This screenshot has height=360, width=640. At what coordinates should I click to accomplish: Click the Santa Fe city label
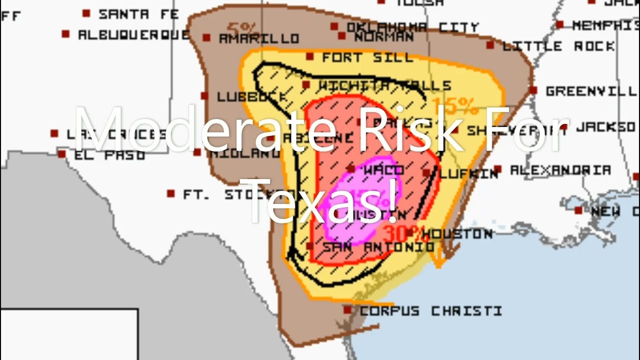[x=138, y=14]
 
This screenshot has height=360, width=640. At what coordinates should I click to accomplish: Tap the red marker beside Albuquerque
[x=65, y=34]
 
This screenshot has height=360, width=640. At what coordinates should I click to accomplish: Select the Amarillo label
[x=259, y=38]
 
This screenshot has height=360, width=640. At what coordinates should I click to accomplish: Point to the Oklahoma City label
[x=412, y=27]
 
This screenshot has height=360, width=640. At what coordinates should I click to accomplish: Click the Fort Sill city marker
[x=310, y=57]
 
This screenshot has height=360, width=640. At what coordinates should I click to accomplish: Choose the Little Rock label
[x=558, y=46]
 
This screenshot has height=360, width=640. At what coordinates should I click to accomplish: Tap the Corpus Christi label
[x=430, y=311]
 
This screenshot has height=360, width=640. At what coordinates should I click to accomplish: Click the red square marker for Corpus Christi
[x=347, y=310]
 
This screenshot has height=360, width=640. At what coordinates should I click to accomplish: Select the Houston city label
[x=460, y=233]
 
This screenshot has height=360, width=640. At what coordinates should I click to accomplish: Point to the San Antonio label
[x=378, y=247]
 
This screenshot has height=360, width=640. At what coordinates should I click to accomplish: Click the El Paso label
[x=109, y=155]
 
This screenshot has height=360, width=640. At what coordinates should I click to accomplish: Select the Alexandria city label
[x=560, y=170]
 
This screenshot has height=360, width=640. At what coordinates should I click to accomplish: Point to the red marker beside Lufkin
[x=426, y=172]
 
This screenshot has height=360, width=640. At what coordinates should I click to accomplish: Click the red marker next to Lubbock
[x=204, y=95]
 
